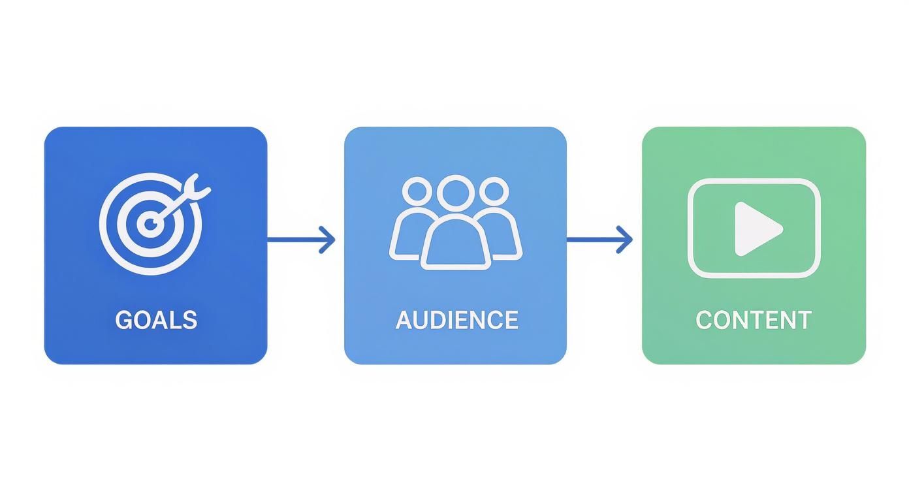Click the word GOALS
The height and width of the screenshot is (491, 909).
tap(156, 320)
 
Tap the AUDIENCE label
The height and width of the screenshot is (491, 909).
tap(456, 320)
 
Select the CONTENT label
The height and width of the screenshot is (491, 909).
tap(754, 320)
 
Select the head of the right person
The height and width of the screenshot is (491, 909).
tap(493, 192)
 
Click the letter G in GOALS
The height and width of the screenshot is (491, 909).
tap(124, 320)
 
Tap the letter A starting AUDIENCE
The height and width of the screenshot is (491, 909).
tap(404, 320)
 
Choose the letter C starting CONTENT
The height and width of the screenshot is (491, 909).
tap(705, 320)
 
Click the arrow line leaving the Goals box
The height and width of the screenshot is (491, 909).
tap(294, 240)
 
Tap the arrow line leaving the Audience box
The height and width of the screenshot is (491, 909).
tap(591, 240)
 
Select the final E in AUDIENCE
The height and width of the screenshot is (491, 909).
tap(511, 320)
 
